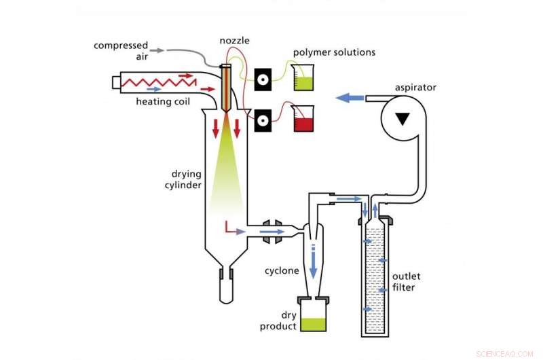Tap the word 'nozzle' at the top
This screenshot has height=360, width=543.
click(x=234, y=41)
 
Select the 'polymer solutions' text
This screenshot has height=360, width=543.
click(x=334, y=52)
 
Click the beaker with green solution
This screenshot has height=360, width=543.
click(x=303, y=78)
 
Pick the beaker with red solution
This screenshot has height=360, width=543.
click(x=303, y=120)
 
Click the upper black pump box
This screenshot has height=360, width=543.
click(x=265, y=79)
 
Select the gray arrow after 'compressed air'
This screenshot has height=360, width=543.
click(x=156, y=50)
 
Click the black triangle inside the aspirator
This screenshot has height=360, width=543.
click(x=403, y=120)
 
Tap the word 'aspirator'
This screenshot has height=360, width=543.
click(x=415, y=88)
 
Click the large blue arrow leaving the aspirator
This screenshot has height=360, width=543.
click(x=350, y=98)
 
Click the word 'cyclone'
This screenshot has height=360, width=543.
click(x=282, y=270)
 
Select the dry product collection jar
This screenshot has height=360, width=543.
click(x=314, y=318)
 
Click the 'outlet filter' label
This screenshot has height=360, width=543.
click(x=409, y=281)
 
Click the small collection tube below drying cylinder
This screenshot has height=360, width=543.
click(x=226, y=285)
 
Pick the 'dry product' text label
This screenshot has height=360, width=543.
click(x=278, y=321)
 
